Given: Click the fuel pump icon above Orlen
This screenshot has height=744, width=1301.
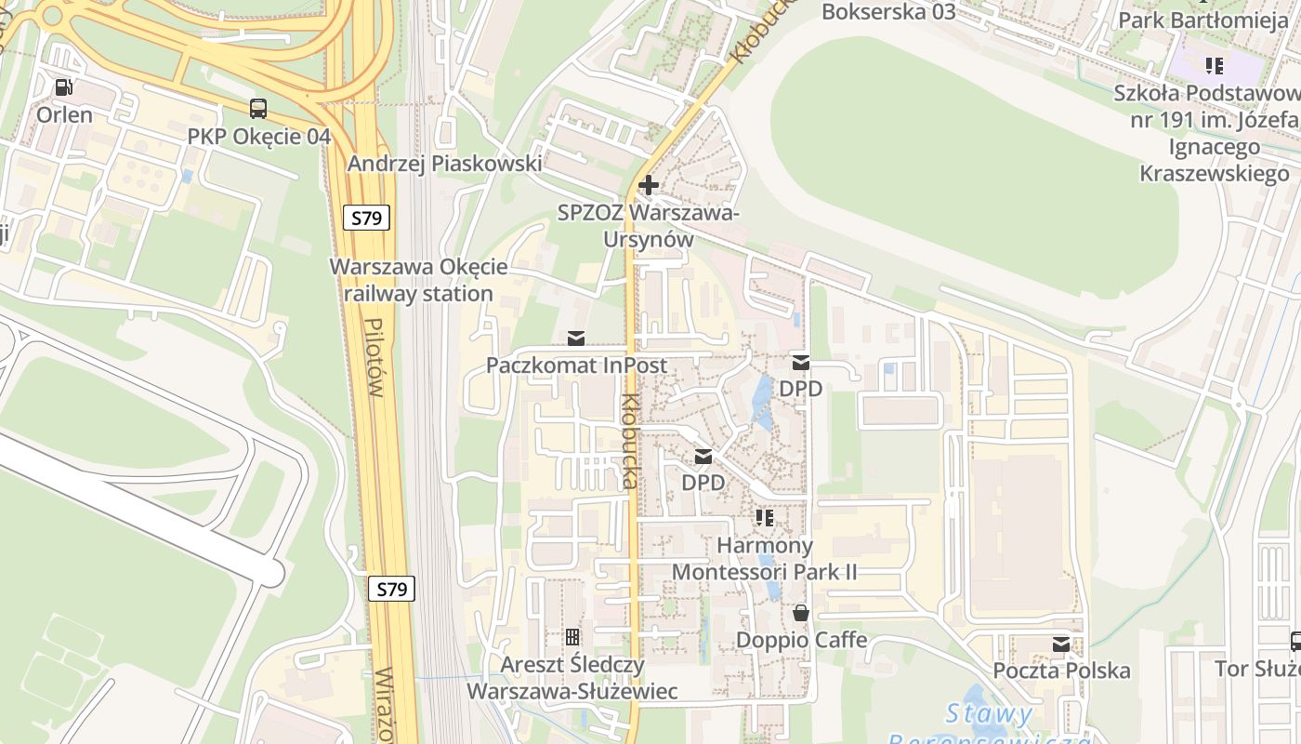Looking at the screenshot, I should (x=63, y=87).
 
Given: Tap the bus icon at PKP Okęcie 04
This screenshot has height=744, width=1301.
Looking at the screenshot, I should (x=258, y=109).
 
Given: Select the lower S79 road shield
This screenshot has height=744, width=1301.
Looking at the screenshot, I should (x=392, y=589).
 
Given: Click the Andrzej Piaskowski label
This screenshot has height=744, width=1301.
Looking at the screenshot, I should (x=444, y=164).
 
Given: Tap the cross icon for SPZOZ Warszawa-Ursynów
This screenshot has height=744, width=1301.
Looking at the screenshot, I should (x=649, y=184).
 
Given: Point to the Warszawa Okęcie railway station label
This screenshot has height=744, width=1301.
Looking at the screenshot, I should (x=418, y=280).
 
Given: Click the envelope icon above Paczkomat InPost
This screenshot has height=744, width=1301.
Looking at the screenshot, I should (x=576, y=338).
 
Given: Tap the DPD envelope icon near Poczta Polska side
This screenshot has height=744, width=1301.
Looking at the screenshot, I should (x=800, y=363).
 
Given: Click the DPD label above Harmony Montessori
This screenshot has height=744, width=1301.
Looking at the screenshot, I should (x=703, y=483).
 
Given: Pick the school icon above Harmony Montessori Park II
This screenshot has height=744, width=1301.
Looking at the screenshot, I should (x=765, y=517).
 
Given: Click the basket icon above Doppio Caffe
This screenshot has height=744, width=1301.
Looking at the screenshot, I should (x=800, y=613).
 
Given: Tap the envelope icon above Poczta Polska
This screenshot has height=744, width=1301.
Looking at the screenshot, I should (x=1060, y=644).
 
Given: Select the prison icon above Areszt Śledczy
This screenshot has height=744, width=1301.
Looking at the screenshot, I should (x=572, y=637).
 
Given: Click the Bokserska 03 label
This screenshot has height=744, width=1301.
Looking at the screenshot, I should (x=888, y=11).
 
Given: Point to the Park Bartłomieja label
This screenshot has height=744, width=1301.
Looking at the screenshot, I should (x=1202, y=20).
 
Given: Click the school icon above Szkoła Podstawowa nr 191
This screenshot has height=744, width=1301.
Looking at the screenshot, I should (x=1214, y=65).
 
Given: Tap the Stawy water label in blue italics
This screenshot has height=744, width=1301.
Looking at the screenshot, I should (x=989, y=714).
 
